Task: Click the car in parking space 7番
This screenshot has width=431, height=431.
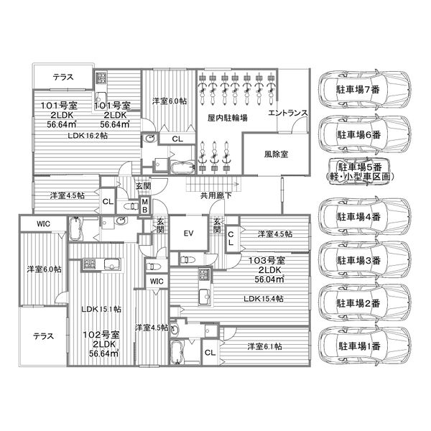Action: point(364,89)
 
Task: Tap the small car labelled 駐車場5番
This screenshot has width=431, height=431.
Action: point(358,172)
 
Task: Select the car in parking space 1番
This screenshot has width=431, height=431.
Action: point(364,346)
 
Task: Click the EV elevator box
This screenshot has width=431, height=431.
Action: point(188,233)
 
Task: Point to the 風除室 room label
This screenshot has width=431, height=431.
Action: point(276,154)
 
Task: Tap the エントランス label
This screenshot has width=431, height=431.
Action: point(287,113)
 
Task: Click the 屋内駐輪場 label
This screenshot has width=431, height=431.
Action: point(227,118)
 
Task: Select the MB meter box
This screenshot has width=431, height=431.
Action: point(145,206)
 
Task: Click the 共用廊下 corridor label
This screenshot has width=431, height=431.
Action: point(216,195)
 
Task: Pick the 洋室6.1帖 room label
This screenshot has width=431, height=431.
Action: point(264,346)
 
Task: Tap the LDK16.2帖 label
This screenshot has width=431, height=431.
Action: point(88,136)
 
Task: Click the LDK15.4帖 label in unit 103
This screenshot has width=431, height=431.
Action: point(264,299)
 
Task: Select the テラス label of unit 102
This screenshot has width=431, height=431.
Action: point(43,336)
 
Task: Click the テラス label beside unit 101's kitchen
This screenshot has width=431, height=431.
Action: point(63,77)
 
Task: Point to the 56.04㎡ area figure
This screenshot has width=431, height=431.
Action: point(269,279)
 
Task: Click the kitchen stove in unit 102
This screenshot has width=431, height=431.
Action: point(89,264)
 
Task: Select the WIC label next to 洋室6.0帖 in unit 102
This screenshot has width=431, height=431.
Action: point(43,223)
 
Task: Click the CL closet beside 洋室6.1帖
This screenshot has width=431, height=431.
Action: point(210,353)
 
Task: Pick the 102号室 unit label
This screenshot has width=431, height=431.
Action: point(101,335)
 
